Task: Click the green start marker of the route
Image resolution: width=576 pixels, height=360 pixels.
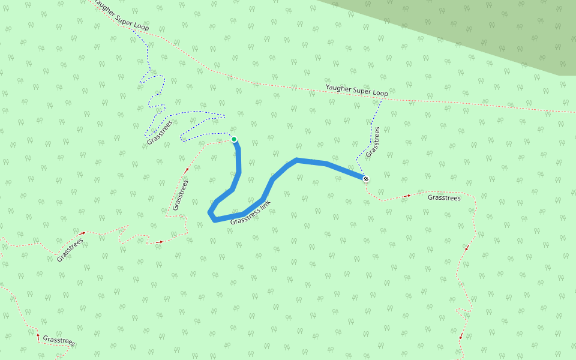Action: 234,139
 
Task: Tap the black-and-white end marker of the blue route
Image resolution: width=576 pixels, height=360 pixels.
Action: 365,178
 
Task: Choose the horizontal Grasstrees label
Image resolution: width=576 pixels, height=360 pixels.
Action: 444,197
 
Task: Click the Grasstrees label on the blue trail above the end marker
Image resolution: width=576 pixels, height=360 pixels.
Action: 373,142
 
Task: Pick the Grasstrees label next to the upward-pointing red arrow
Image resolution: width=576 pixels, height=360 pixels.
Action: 59,340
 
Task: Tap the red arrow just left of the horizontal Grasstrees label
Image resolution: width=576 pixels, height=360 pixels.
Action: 409,195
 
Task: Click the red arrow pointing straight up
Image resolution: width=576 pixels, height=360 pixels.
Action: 38,337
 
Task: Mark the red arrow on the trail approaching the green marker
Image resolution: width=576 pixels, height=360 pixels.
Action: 186,171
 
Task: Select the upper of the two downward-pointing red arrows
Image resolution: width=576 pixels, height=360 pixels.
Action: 466,247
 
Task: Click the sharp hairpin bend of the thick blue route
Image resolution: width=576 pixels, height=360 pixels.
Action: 211,214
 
